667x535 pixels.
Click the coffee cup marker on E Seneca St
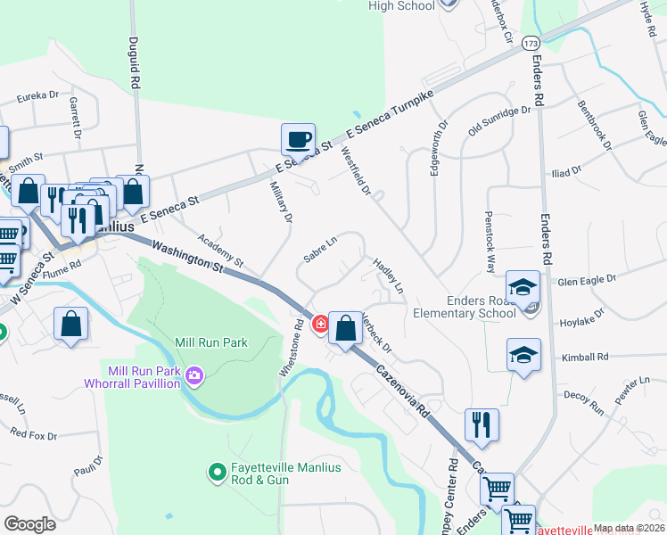(298, 141)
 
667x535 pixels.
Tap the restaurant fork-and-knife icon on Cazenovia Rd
(482, 426)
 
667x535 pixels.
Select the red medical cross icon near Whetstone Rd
(319, 325)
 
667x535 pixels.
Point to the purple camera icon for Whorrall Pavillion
(194, 378)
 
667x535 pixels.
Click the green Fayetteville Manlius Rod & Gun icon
(216, 471)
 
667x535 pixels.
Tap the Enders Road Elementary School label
(472, 306)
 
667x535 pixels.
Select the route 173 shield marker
(531, 43)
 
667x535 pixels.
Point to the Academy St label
(220, 251)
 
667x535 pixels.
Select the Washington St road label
(187, 256)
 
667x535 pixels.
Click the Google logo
(29, 523)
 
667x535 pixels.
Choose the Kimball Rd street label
(585, 356)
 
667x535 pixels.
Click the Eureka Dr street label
(32, 94)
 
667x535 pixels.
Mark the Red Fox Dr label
(33, 435)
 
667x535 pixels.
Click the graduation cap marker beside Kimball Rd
(523, 355)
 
